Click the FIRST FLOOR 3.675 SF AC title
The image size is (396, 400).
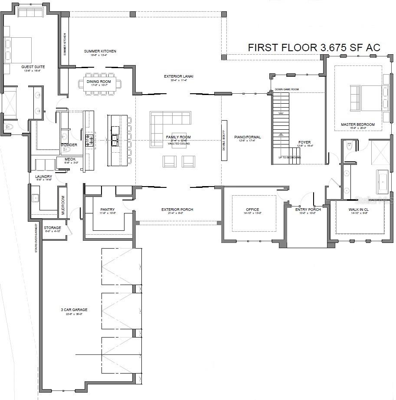pyautogui.click(x=314, y=48)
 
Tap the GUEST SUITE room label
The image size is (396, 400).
pyautogui.click(x=33, y=67)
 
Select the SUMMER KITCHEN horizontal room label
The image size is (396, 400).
pyautogui.click(x=100, y=51)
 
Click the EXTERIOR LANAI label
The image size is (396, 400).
pyautogui.click(x=178, y=76)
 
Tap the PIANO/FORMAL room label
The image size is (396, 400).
pyautogui.click(x=247, y=137)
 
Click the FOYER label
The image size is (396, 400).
pyautogui.click(x=305, y=142)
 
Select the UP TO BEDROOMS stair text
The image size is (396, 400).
pyautogui.click(x=289, y=157)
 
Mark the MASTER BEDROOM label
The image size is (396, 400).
pyautogui.click(x=357, y=125)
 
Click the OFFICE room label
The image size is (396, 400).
pyautogui.click(x=252, y=210)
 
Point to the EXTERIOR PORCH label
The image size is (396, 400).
pyautogui.click(x=177, y=210)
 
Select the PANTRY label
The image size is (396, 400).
pyautogui.click(x=107, y=210)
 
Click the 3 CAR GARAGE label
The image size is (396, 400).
pyautogui.click(x=74, y=310)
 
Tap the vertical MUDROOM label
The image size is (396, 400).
pyautogui.click(x=62, y=206)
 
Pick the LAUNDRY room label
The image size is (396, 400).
pyautogui.click(x=44, y=177)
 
